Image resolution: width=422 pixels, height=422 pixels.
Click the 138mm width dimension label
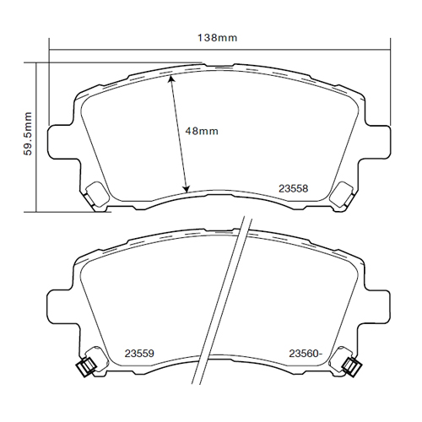coord(217,38)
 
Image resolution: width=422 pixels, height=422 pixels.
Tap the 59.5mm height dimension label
coord(28,133)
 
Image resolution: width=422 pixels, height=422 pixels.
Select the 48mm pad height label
coord(202,131)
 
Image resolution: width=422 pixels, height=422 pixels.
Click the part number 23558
coord(294,188)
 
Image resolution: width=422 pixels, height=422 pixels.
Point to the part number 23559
coord(139,354)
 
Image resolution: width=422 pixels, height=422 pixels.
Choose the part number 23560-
coord(306,354)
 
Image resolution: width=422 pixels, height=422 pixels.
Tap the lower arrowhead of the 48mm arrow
coord(186,189)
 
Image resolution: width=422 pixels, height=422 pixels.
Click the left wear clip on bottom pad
coord(87,366)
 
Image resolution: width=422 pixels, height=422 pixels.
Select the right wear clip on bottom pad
coord(351,366)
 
